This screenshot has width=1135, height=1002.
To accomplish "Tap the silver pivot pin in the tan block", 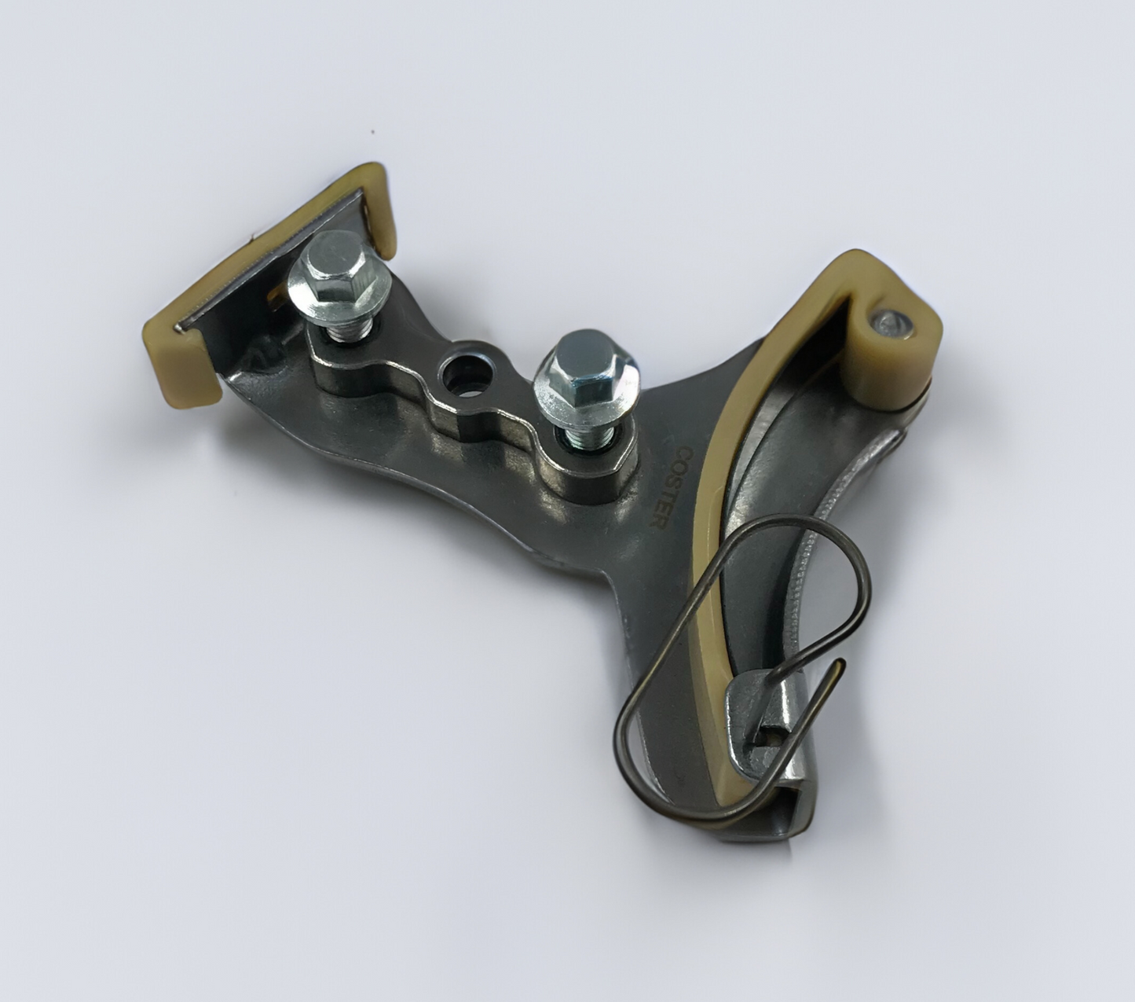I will (x=889, y=321).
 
